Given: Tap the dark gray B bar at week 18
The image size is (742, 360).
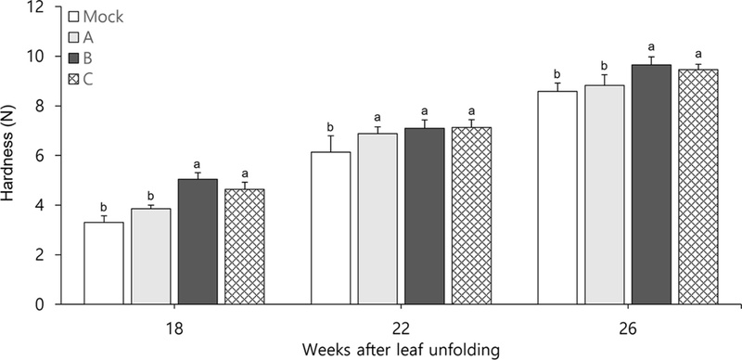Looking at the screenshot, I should (x=197, y=241).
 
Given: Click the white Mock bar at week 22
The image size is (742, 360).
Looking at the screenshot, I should (x=331, y=228).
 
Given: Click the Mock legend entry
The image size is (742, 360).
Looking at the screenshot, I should (x=96, y=16).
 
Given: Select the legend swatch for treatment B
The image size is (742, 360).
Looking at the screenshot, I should (x=74, y=57).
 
